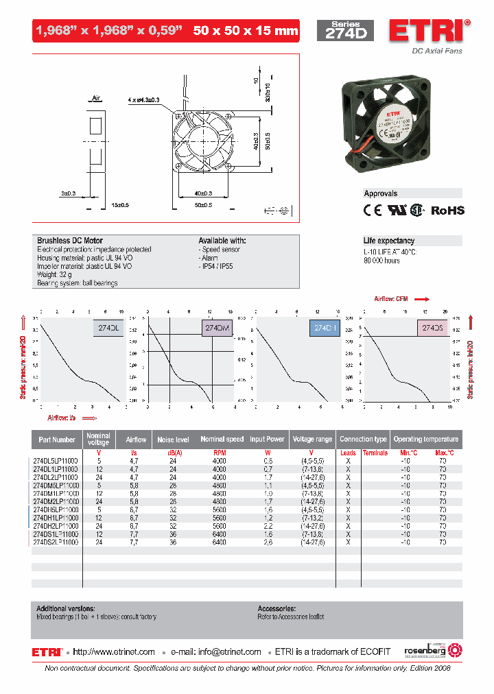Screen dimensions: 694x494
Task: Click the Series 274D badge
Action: click(x=345, y=31)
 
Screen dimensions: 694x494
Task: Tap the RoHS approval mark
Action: click(x=447, y=211)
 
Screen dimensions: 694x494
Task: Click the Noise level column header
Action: click(x=173, y=440)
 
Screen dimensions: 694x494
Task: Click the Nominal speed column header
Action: click(x=222, y=440)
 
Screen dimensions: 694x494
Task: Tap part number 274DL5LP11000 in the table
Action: click(x=55, y=461)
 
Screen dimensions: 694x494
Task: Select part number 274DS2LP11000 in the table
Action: click(x=55, y=542)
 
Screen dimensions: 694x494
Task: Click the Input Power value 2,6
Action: click(x=268, y=542)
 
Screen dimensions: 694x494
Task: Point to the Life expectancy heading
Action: click(x=389, y=241)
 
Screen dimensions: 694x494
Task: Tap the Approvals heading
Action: click(x=381, y=193)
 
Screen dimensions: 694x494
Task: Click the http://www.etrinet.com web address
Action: click(x=114, y=652)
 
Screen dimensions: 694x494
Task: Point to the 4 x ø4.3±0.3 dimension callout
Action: click(x=143, y=100)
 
